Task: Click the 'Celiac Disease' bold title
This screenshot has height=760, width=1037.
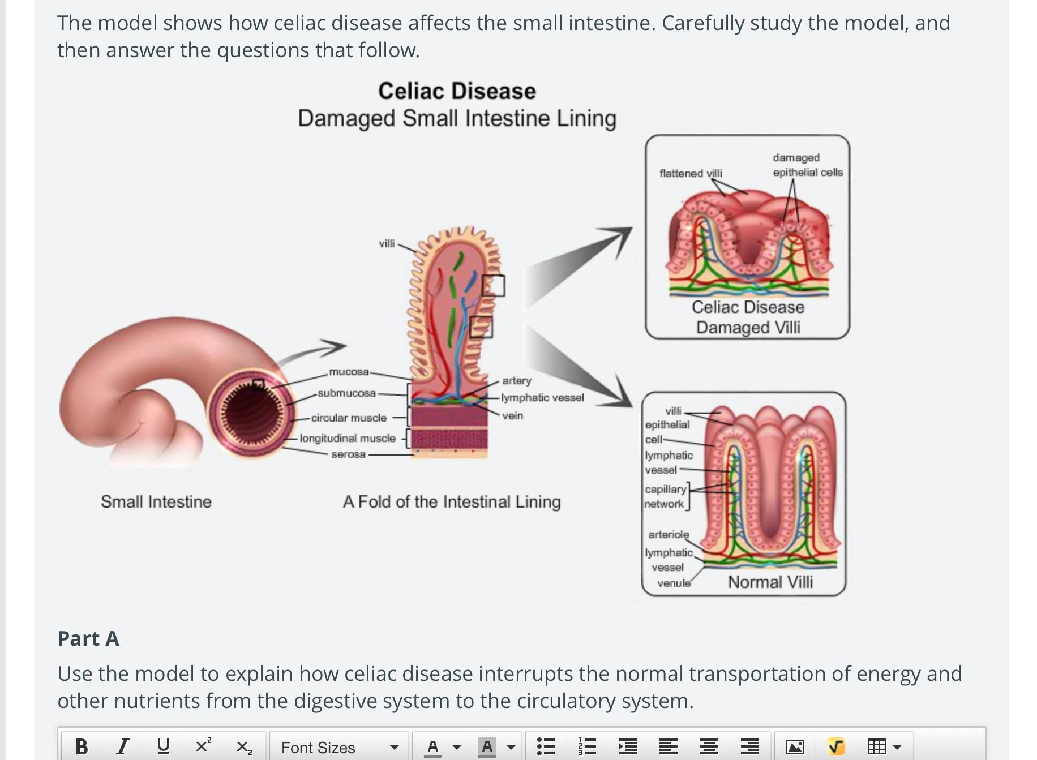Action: pyautogui.click(x=457, y=91)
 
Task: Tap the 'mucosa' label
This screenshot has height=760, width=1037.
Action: pyautogui.click(x=349, y=372)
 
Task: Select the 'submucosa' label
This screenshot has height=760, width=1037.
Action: pyautogui.click(x=346, y=393)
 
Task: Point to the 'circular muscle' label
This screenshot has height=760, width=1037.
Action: pyautogui.click(x=349, y=418)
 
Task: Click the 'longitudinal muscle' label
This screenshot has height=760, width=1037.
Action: pyautogui.click(x=348, y=438)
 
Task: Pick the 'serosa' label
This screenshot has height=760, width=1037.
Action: pyautogui.click(x=348, y=454)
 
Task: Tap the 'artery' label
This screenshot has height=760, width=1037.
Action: pyautogui.click(x=517, y=380)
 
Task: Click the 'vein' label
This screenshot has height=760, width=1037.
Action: pyautogui.click(x=513, y=415)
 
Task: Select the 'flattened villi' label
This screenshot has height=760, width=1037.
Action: pyautogui.click(x=691, y=173)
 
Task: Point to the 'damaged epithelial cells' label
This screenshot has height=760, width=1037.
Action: pyautogui.click(x=807, y=165)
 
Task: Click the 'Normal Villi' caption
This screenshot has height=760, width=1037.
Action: pyautogui.click(x=770, y=582)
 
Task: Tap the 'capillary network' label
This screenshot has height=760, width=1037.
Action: pyautogui.click(x=665, y=496)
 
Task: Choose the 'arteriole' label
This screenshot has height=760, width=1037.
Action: pyautogui.click(x=669, y=534)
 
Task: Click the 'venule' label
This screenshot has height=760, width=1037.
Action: pyautogui.click(x=674, y=583)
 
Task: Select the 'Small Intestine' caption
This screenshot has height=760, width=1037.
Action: pyautogui.click(x=156, y=501)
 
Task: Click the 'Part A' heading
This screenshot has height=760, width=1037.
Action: pyautogui.click(x=88, y=638)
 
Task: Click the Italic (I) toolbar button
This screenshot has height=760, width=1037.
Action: pyautogui.click(x=122, y=747)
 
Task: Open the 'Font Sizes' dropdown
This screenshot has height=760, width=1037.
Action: pyautogui.click(x=339, y=747)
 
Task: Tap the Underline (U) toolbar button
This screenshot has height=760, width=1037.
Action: pyautogui.click(x=163, y=747)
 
